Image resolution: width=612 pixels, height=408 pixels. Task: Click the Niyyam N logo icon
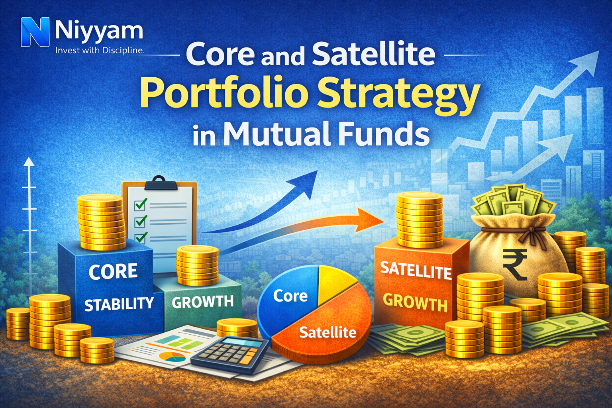35,32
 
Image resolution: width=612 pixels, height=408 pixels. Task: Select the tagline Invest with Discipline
99,51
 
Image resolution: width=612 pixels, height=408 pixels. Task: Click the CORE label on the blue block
113,272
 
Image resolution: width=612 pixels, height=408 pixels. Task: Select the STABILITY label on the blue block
119,304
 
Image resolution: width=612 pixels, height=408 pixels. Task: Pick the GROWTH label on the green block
202,302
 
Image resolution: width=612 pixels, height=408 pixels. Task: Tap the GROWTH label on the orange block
415,303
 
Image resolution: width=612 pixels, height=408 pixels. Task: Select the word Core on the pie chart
290,296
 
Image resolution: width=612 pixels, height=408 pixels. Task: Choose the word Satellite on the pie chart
328,332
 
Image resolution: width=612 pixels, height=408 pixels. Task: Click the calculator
230,354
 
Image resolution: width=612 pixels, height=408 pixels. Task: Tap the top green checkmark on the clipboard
141,204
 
